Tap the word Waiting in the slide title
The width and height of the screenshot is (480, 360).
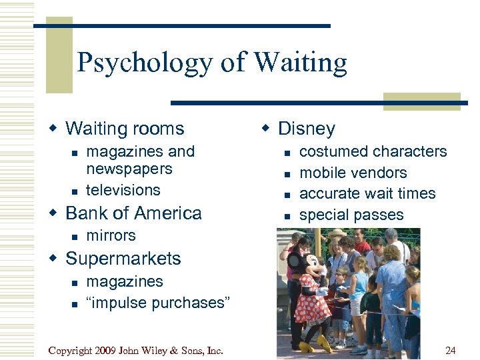301,63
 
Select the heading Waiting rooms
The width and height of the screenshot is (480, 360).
125,128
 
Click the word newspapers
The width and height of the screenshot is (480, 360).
129,169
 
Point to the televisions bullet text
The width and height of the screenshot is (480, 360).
123,190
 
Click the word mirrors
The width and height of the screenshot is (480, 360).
111,235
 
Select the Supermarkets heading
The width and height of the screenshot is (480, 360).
123,259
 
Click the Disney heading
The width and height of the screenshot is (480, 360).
306,128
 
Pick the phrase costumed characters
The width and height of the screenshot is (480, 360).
373,151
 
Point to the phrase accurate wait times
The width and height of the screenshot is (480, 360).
367,193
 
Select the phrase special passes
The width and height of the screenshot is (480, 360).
351,215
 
